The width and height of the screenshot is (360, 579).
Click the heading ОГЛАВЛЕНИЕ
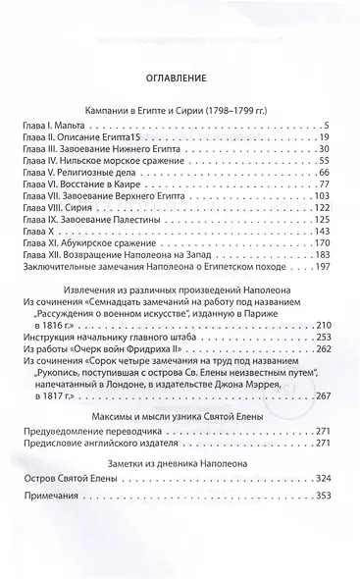(179, 75)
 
